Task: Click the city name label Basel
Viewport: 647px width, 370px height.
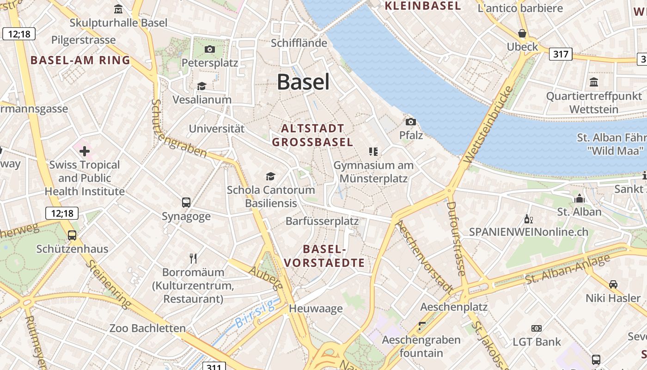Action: point(303,82)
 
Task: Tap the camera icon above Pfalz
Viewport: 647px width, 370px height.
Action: point(410,122)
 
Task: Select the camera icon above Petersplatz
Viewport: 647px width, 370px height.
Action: point(209,49)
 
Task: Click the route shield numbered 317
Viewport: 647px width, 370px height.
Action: point(561,54)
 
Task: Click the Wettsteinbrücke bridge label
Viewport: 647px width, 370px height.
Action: point(488,124)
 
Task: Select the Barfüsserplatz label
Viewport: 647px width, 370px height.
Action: point(322,221)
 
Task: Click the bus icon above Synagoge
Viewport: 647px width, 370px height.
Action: point(186,203)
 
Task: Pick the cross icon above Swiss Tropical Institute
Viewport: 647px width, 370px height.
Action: point(85,151)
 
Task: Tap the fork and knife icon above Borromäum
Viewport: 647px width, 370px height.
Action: point(193,258)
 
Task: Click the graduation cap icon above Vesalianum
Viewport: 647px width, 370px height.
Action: point(201,86)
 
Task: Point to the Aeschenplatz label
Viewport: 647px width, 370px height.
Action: point(454,307)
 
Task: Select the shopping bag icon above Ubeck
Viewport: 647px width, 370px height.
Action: point(522,33)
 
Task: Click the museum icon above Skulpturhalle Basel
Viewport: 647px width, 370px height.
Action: point(118,9)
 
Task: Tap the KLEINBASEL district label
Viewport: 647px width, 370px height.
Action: point(423,6)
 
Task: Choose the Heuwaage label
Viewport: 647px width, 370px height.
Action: point(316,308)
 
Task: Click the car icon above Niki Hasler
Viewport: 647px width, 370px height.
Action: point(613,284)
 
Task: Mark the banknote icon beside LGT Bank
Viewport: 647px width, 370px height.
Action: point(536,328)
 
